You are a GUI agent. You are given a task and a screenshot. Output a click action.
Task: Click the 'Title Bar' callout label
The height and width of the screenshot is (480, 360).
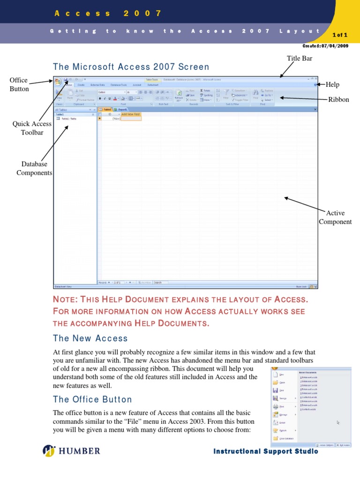(299, 58)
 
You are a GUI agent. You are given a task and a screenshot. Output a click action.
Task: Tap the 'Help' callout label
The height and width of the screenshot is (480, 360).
(332, 84)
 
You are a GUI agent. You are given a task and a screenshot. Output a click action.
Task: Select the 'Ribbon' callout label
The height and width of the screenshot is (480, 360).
(338, 99)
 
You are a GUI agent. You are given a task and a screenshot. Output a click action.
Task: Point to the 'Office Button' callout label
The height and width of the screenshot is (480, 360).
(19, 84)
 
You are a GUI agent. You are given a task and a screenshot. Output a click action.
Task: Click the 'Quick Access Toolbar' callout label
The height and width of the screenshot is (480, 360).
(32, 128)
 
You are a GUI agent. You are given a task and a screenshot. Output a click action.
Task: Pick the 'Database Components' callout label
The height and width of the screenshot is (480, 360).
(34, 168)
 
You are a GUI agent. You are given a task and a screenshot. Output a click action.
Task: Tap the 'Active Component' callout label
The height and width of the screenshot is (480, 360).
(335, 217)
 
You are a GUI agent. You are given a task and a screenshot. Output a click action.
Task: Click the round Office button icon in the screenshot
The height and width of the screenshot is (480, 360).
(58, 82)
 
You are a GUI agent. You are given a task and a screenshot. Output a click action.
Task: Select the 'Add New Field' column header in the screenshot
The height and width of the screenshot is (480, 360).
(131, 114)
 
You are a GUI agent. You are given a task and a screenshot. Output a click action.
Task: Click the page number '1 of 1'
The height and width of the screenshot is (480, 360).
(339, 35)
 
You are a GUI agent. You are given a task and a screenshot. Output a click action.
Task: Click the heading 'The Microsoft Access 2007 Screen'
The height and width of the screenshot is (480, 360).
(131, 67)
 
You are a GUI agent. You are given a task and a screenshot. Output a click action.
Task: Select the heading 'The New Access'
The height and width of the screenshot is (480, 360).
(90, 338)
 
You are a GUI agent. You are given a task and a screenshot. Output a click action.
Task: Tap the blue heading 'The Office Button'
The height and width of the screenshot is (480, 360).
(92, 399)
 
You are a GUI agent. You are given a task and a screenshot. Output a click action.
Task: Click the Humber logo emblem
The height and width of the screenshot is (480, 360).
(49, 451)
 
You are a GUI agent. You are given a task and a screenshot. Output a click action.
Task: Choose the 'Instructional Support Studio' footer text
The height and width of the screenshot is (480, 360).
(265, 451)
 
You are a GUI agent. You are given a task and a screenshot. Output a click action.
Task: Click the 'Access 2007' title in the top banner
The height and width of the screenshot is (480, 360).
(108, 13)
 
